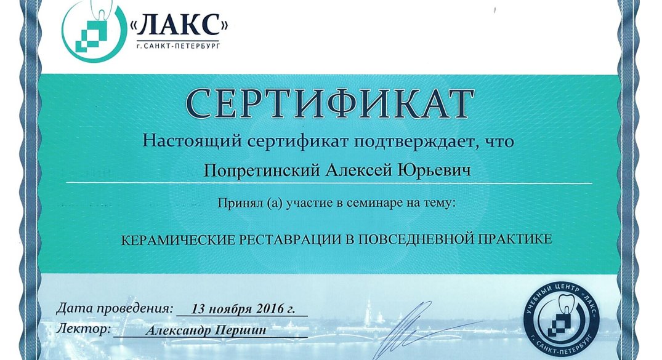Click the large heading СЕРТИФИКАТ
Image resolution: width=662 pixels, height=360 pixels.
coord(329,103)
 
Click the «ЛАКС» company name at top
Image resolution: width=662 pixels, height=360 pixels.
coord(179,25)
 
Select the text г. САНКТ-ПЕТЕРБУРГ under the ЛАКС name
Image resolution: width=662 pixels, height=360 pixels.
coord(178,46)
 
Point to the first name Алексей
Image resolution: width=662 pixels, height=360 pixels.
coord(358,170)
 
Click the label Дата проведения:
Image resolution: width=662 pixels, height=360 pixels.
coord(115,308)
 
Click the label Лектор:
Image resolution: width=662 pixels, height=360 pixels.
coord(84,329)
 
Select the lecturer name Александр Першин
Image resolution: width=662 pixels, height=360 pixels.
coord(206,330)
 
